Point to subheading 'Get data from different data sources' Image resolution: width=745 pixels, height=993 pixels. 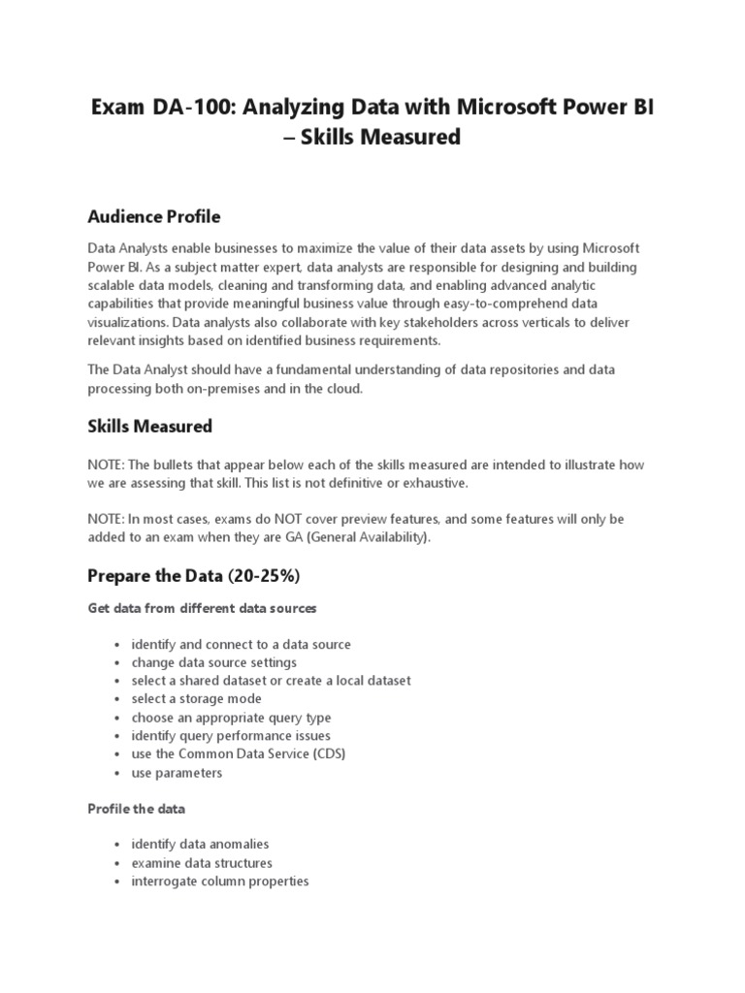[202, 608]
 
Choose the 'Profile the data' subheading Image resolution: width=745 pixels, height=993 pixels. [136, 808]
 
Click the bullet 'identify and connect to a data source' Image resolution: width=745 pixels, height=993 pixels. [242, 644]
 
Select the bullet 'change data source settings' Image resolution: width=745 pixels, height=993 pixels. [214, 662]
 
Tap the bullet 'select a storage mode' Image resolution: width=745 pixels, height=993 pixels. [197, 698]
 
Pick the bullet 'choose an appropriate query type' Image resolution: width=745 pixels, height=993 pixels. [232, 718]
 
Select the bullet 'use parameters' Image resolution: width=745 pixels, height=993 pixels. [178, 773]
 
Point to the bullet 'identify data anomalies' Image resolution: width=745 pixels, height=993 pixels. [201, 844]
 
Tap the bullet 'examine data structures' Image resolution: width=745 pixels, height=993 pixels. [202, 862]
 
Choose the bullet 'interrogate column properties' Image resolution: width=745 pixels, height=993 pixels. [220, 881]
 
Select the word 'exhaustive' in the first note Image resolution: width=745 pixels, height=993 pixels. [435, 483]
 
